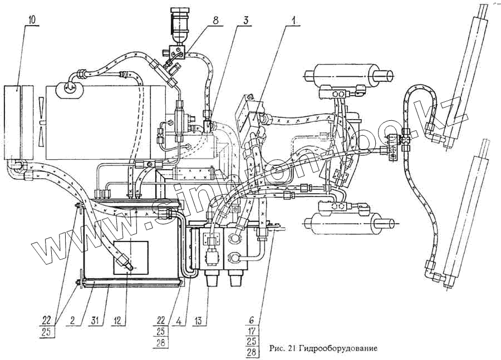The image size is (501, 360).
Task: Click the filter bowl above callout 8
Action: (x=180, y=25)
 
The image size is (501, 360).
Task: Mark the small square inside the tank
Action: (x=130, y=258)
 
